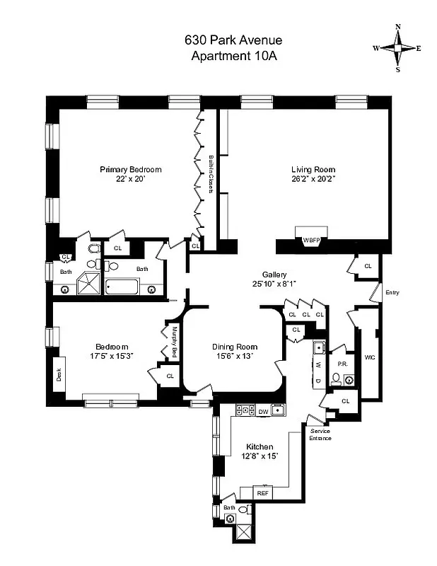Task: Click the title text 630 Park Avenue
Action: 233,42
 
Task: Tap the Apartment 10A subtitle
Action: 233,56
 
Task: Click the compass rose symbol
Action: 398,48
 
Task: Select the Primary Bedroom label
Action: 131,169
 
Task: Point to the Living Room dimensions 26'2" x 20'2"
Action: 313,180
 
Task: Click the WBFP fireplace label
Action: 312,241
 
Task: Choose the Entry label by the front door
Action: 392,291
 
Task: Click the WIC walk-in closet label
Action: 369,357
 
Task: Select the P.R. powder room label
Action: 342,364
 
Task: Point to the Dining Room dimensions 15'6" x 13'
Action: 235,357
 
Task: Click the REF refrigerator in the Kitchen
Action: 263,492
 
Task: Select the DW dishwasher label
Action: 262,410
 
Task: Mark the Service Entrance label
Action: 320,434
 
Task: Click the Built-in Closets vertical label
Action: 211,174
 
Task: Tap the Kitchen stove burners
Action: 244,410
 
